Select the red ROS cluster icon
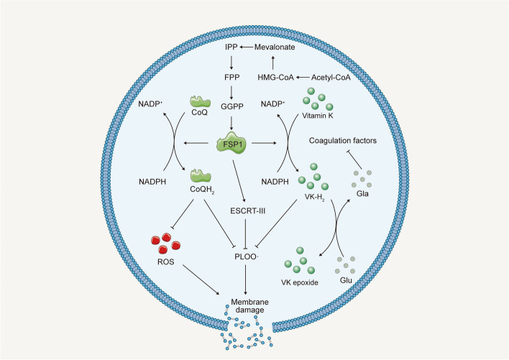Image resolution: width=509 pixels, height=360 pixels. [159, 244]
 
